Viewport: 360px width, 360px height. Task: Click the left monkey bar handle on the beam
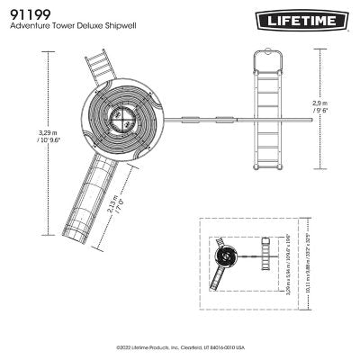pos(191,117)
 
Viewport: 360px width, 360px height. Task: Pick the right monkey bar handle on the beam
pos(223,117)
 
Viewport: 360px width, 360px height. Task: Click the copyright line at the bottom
pos(180,345)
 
